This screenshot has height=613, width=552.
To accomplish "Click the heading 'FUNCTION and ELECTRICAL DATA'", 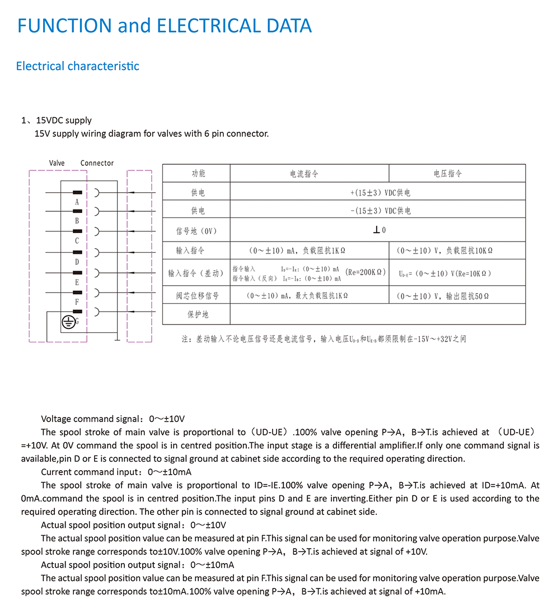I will (x=165, y=26).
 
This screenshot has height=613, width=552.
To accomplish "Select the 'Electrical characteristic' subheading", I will (x=77, y=66).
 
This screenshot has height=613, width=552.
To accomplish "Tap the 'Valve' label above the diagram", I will (x=57, y=163).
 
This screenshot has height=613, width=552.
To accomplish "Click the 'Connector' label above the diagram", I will (x=97, y=163).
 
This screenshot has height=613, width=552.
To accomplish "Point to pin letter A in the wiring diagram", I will (x=77, y=201).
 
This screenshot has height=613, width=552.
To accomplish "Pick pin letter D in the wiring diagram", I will (x=77, y=262).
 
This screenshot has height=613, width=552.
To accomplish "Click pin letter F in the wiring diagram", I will (x=77, y=302).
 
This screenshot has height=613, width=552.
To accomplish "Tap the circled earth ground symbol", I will (x=68, y=322).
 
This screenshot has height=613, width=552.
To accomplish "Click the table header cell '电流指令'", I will (x=304, y=174).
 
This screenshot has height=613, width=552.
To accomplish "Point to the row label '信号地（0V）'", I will (x=196, y=231).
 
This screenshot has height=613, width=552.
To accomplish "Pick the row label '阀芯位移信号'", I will (x=196, y=296).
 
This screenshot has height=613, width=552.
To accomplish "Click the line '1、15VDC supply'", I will (x=57, y=120).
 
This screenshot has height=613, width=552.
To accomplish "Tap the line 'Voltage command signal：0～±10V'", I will (x=113, y=419).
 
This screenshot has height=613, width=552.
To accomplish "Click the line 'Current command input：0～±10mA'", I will (x=116, y=472).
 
